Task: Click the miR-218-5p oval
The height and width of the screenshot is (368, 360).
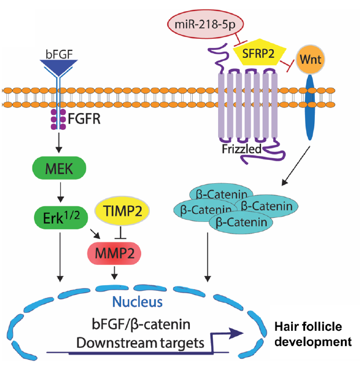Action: point(205,24)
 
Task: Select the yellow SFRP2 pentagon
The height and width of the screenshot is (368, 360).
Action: point(259,52)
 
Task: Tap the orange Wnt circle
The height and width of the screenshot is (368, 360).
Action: point(310,59)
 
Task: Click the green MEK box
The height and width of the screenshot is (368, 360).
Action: point(59,168)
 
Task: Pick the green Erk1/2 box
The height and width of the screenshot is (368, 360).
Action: point(61,218)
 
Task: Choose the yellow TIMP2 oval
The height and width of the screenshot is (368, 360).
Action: point(122,211)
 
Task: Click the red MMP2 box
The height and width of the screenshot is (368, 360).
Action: point(114,253)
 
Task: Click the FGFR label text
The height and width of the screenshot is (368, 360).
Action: point(84,119)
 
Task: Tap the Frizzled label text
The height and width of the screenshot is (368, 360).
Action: point(241,149)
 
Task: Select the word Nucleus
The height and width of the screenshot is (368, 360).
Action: point(137,302)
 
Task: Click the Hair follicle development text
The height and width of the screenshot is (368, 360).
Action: point(313,334)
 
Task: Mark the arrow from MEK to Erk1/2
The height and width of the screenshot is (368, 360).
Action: point(61,192)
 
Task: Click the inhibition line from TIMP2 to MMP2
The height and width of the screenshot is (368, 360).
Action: point(120,232)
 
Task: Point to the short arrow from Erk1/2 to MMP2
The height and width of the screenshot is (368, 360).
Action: point(95,234)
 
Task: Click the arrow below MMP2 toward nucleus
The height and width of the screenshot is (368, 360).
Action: point(115,273)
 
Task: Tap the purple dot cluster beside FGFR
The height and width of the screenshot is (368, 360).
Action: point(58,119)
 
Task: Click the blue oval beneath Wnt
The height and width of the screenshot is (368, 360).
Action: point(310,107)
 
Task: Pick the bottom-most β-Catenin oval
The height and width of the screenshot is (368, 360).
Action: point(241,223)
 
